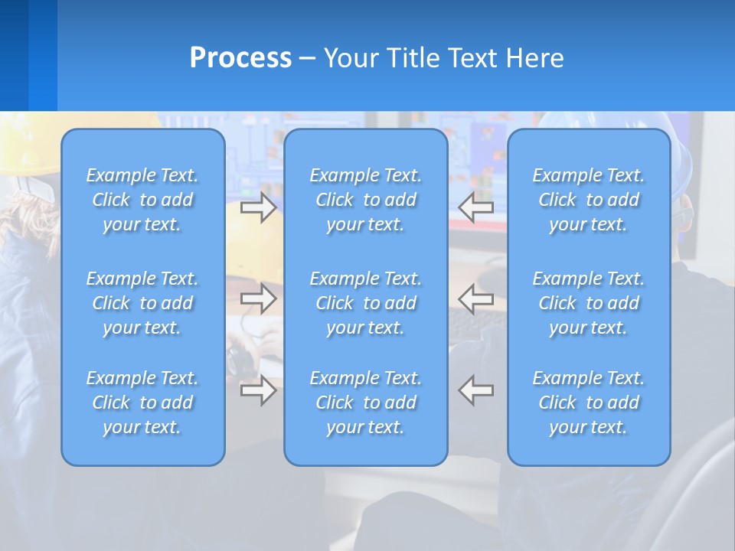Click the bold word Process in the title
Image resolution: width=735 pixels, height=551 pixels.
(240, 58)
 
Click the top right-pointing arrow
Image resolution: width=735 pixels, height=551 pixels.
(259, 207)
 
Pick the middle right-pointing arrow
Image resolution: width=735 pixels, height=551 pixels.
(259, 298)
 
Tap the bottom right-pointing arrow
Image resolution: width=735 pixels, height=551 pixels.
(259, 390)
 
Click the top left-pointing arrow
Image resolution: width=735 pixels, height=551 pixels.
(475, 207)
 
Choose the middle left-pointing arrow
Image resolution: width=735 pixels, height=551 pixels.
(475, 298)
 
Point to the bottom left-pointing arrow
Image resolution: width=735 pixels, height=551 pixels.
(475, 390)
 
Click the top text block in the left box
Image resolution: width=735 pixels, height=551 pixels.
(142, 200)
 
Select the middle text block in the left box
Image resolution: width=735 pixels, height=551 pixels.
(142, 303)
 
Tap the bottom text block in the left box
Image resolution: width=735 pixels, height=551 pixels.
(142, 403)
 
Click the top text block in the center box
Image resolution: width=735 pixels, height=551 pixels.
(365, 200)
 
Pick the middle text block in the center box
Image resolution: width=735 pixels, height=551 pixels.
(365, 303)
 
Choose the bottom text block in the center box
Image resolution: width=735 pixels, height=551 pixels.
(365, 403)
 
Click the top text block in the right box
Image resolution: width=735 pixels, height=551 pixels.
(588, 200)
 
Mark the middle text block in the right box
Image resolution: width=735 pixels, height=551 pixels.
(588, 303)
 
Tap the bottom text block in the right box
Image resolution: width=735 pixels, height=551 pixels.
(588, 403)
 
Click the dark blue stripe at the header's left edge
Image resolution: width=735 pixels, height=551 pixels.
(14, 55)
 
